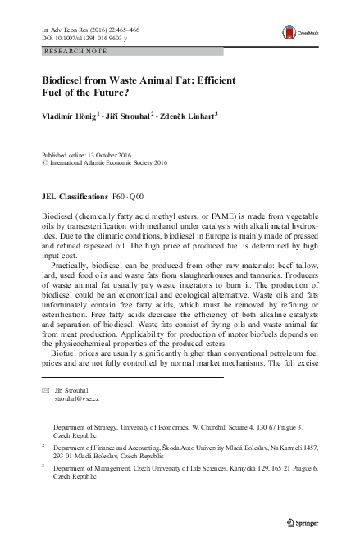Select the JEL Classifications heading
(x=74, y=198)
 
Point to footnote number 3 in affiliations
(x=43, y=465)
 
